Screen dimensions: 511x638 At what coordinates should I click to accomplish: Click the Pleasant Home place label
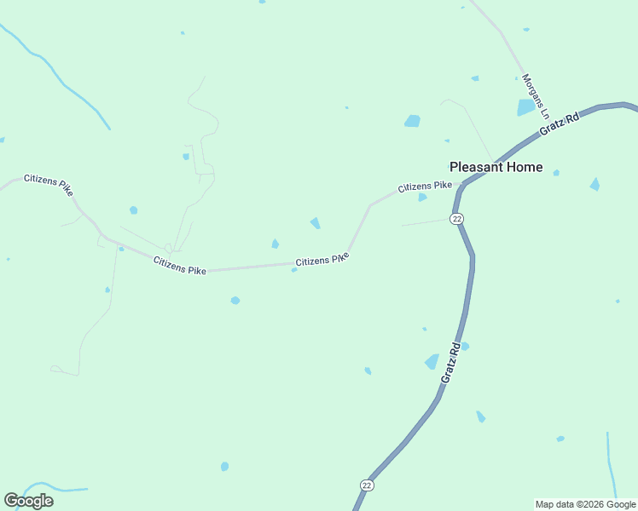point(496,167)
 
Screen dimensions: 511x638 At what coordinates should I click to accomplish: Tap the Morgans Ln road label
point(533,95)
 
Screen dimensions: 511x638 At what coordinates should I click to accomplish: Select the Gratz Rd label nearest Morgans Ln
point(560,124)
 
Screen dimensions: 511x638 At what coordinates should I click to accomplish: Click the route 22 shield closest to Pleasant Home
point(457,219)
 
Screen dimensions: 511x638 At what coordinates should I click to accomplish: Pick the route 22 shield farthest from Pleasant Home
point(367,485)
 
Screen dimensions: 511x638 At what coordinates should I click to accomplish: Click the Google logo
point(28,500)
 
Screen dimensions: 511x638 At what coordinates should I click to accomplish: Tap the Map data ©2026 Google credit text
point(585,504)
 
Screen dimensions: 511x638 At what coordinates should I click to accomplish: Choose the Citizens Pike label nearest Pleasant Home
point(424,186)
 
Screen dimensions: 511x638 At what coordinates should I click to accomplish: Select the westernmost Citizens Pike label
point(49,184)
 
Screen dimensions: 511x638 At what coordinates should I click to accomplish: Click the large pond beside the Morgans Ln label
point(525,108)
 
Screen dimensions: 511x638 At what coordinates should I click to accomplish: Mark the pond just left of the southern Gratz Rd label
point(432,362)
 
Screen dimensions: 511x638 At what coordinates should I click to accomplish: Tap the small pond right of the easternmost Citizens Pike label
point(422,198)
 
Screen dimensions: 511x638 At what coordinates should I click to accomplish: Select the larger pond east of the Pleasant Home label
point(594,184)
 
